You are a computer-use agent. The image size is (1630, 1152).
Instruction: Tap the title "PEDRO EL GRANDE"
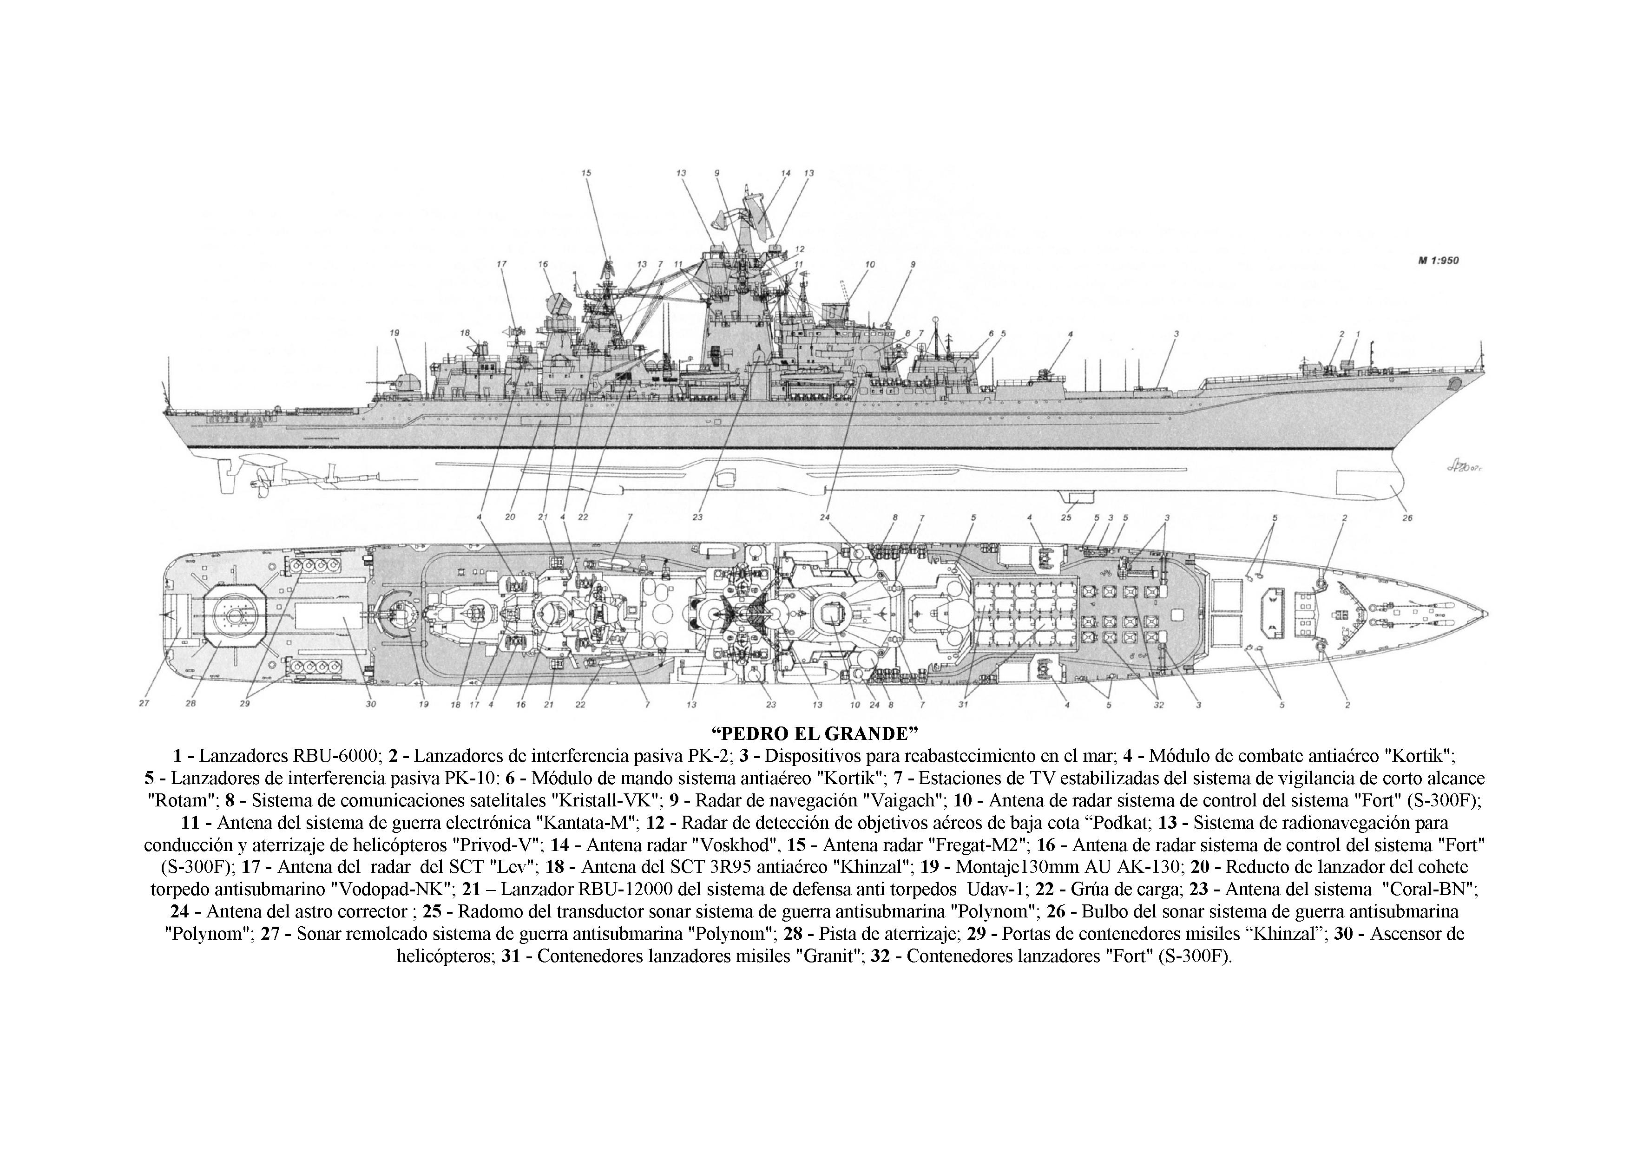click(814, 732)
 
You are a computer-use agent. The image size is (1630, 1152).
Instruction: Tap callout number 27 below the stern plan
click(144, 703)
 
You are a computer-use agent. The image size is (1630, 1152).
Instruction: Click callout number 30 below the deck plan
click(371, 705)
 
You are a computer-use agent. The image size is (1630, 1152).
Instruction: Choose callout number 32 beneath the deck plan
click(1158, 705)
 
